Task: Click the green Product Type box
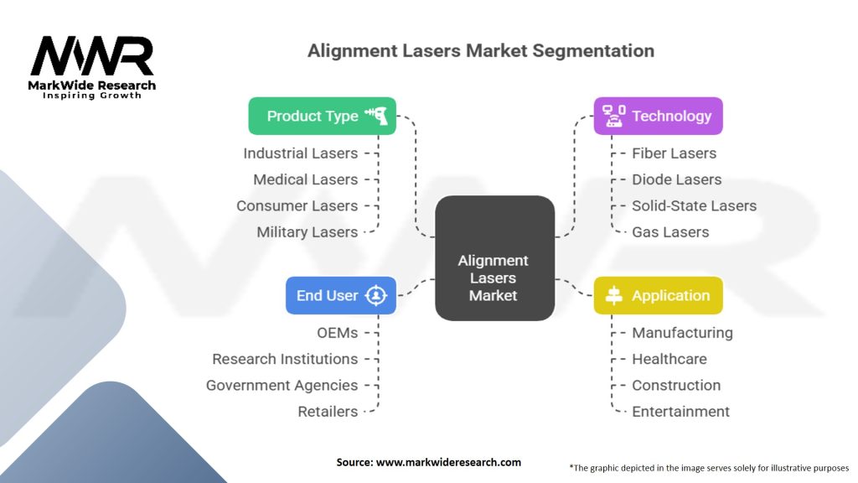tap(322, 116)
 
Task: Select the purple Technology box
tap(658, 116)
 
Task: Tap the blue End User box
tap(340, 295)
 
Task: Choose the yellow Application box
tap(658, 295)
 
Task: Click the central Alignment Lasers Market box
tap(494, 258)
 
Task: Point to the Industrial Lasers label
tap(300, 153)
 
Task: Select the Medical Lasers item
tap(305, 179)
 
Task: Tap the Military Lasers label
tap(307, 232)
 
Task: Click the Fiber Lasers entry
tap(674, 153)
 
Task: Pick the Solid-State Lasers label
tap(694, 205)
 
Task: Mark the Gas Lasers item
tap(669, 232)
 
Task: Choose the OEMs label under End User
tap(336, 333)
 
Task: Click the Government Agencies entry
tap(282, 386)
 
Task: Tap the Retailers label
tap(328, 412)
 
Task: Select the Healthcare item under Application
tap(669, 359)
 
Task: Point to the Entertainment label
tap(680, 412)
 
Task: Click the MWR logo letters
tap(92, 57)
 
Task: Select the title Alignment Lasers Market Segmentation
tap(481, 50)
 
